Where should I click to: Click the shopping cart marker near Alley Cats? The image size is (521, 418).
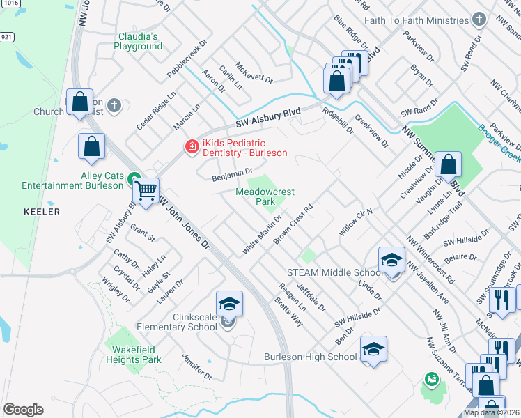pyautogui.click(x=146, y=189)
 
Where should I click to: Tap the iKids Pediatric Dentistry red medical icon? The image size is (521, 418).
pyautogui.click(x=189, y=146)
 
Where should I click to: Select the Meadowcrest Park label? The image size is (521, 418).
pyautogui.click(x=265, y=196)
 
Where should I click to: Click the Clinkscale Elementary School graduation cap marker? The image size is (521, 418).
pyautogui.click(x=229, y=304)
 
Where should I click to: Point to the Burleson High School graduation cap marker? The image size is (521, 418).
pyautogui.click(x=373, y=350)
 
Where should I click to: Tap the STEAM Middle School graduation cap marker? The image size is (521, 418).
pyautogui.click(x=391, y=261)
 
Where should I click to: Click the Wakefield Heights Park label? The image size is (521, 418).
pyautogui.click(x=134, y=355)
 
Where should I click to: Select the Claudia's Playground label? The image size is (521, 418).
pyautogui.click(x=139, y=41)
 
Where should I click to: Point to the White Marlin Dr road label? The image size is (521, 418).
pyautogui.click(x=262, y=234)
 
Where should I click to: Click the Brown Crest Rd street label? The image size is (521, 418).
pyautogui.click(x=292, y=224)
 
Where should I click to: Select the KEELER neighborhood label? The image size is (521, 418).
pyautogui.click(x=42, y=211)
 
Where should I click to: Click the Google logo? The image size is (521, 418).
pyautogui.click(x=23, y=410)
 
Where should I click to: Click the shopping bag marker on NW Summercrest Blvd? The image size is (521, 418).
pyautogui.click(x=449, y=165)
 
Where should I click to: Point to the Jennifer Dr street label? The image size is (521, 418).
pyautogui.click(x=197, y=367)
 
